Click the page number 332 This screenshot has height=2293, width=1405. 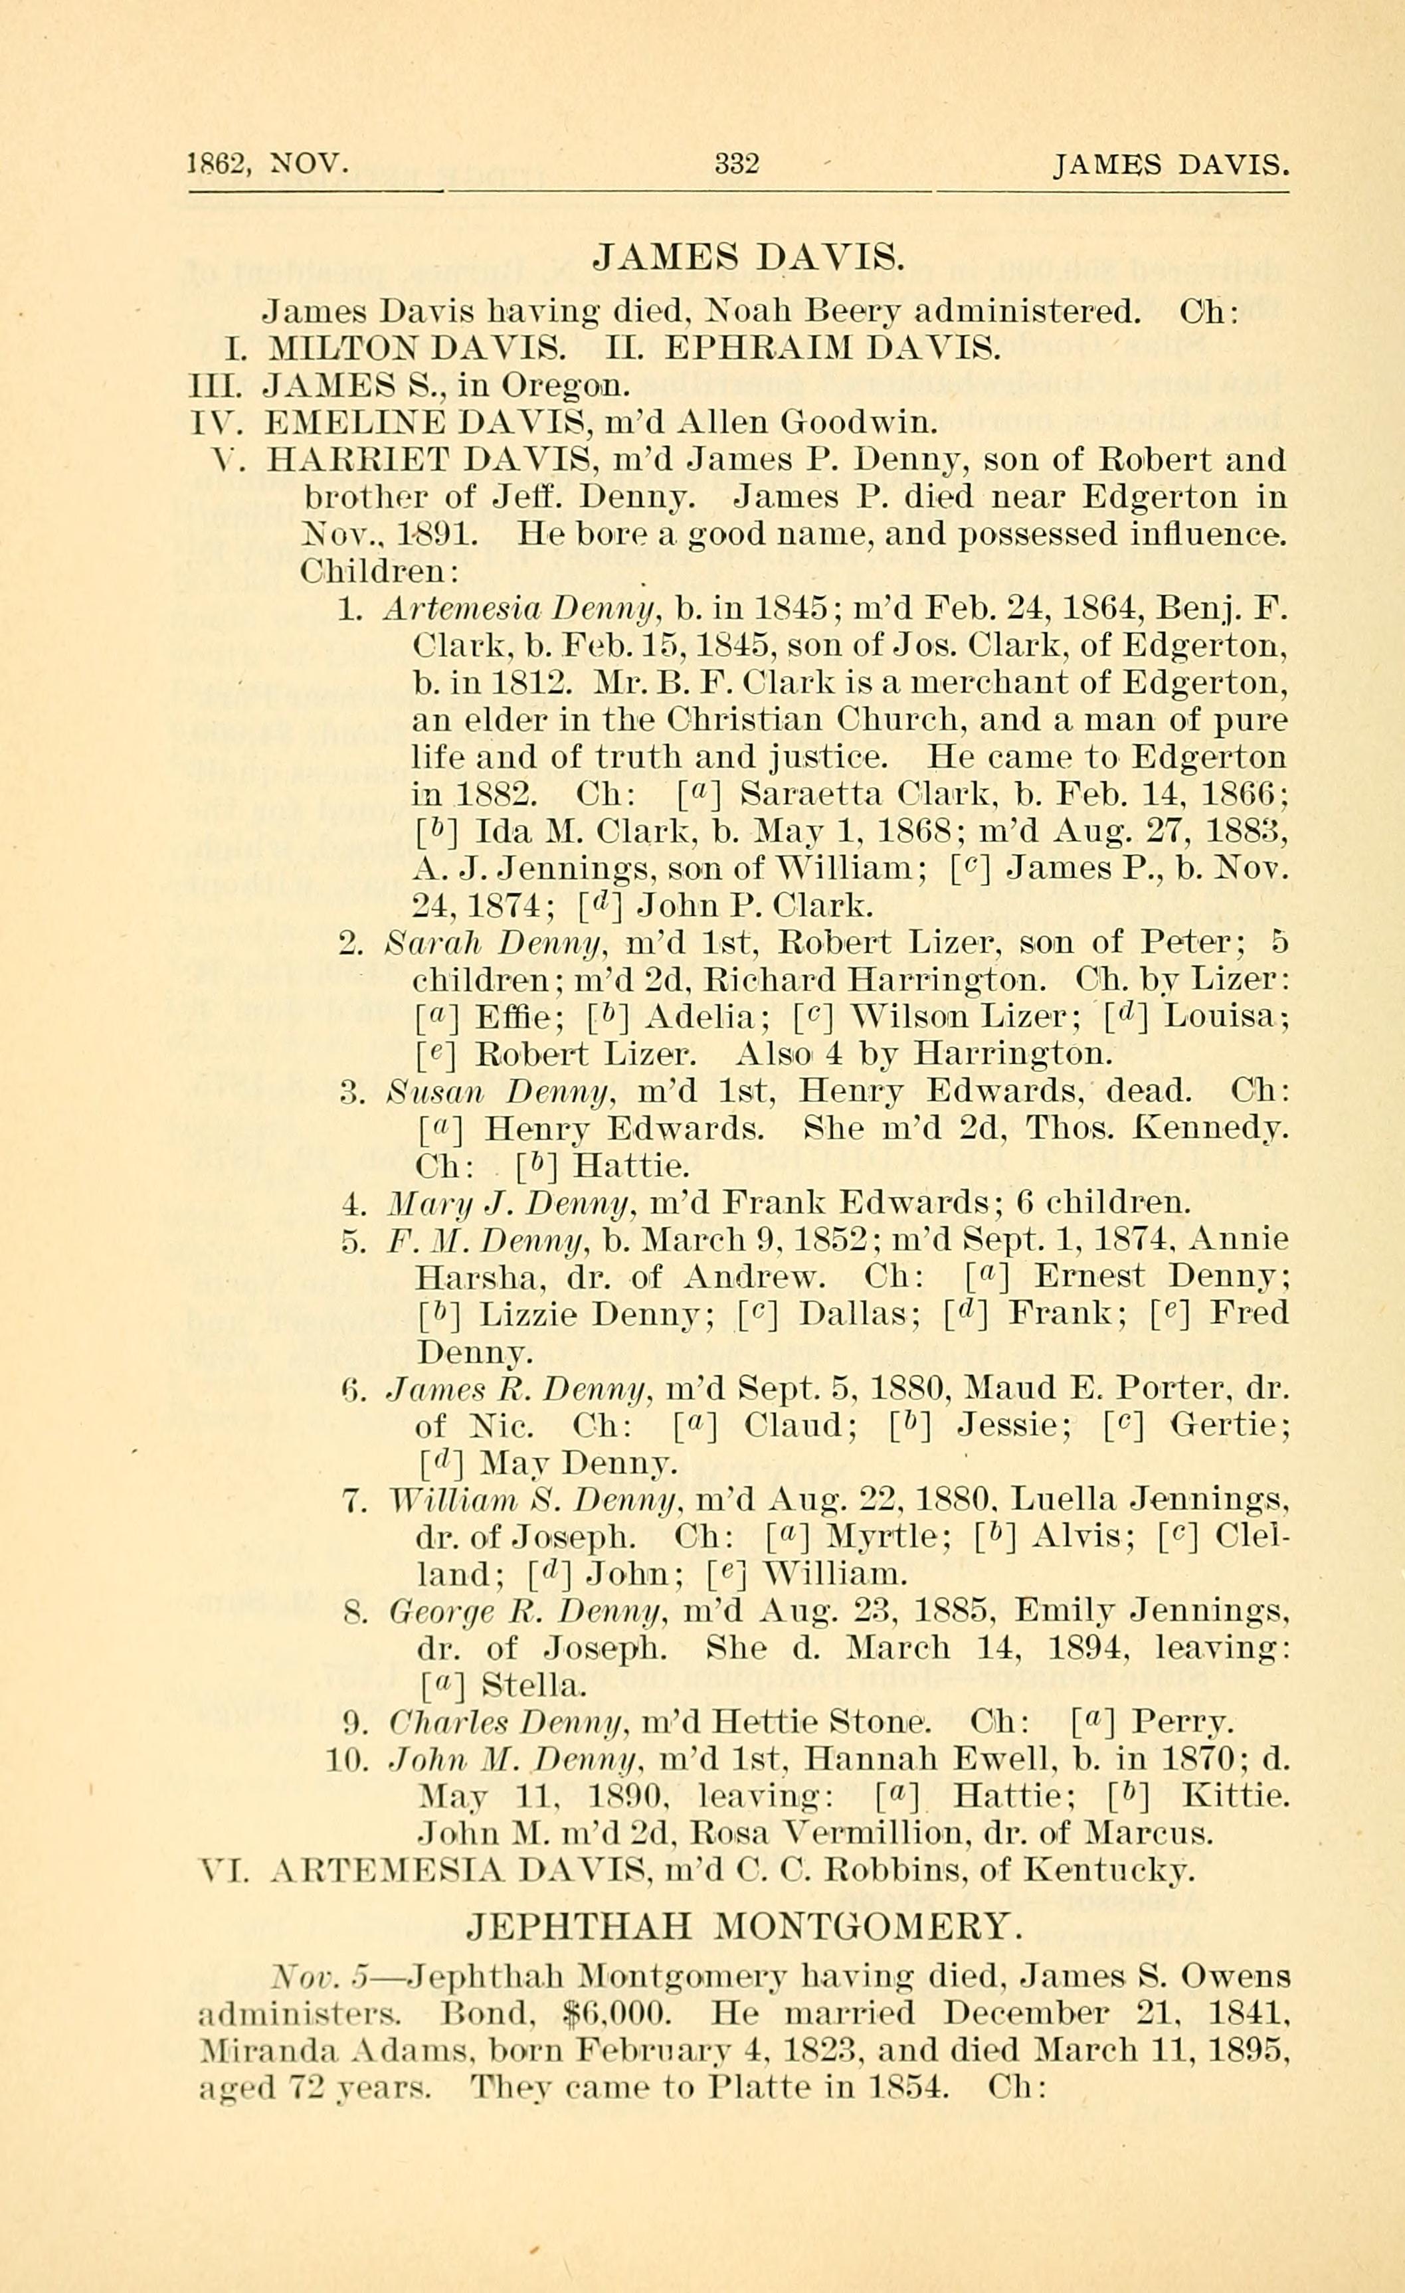pyautogui.click(x=737, y=165)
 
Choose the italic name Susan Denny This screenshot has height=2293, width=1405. pyautogui.click(x=497, y=1091)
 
